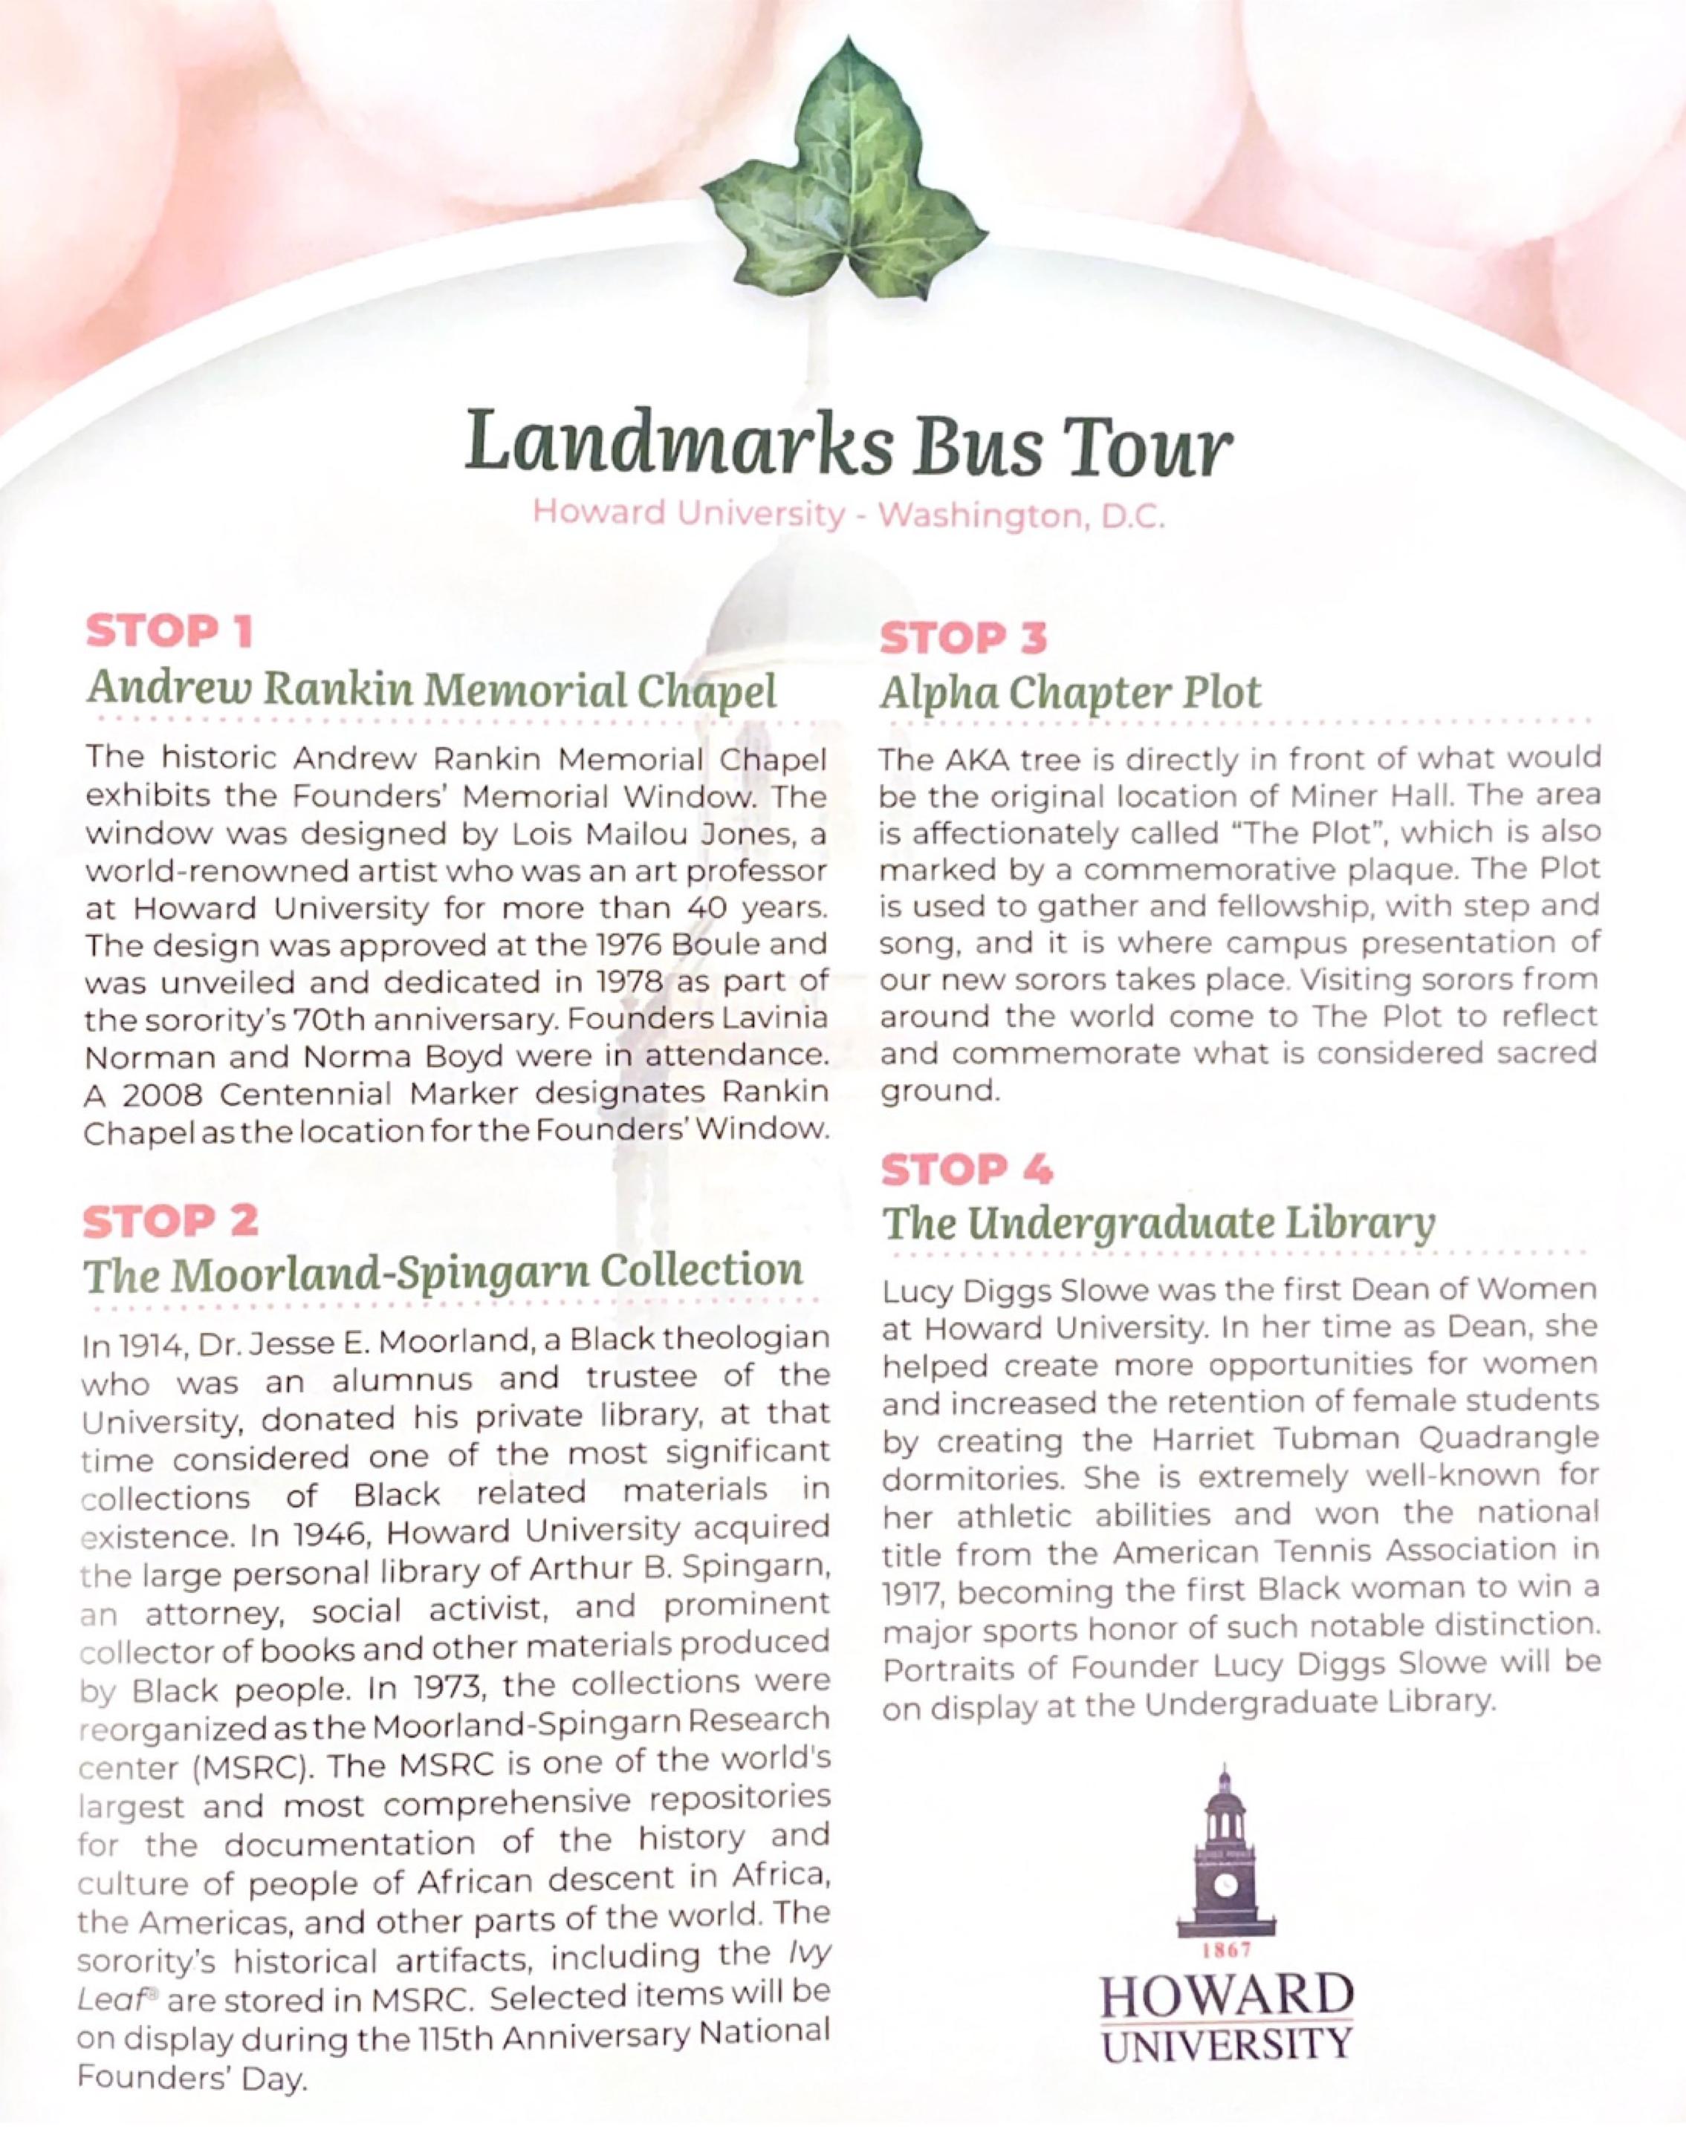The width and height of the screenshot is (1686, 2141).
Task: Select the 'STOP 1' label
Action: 169,631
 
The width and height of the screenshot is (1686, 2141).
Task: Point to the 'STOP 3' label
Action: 962,639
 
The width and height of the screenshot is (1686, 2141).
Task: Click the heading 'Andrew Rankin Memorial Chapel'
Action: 432,690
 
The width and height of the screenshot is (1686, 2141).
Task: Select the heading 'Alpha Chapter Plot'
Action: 1070,693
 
